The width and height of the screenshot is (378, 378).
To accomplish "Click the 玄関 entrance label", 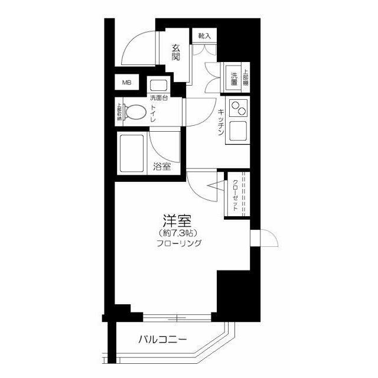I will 176,53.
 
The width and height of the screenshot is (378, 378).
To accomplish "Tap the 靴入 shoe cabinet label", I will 204,36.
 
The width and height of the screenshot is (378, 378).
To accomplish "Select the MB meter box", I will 127,83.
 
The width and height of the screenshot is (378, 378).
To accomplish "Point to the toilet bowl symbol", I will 135,112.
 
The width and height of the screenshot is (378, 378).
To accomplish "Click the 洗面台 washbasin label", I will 158,98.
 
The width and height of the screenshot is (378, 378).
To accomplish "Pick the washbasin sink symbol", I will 158,84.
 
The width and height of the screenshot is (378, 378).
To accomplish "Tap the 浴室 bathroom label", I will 162,167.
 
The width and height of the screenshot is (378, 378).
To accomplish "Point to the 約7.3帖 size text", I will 177,232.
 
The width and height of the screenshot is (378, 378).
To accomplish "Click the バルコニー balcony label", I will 163,340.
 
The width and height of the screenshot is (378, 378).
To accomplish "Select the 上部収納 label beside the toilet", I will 119,112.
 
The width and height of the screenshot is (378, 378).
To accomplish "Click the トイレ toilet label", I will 152,112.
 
